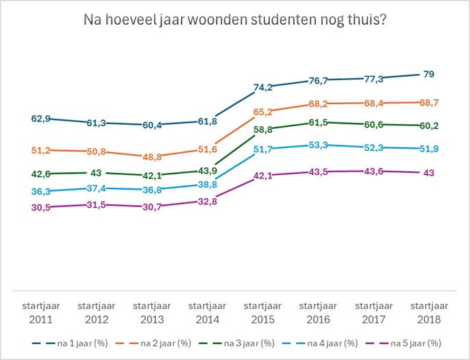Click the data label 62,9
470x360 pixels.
(41, 119)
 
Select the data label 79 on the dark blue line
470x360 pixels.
(430, 74)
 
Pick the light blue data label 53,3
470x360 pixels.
(320, 145)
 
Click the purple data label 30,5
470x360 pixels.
(41, 207)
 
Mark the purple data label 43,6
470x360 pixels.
(375, 171)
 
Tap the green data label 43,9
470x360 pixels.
(208, 171)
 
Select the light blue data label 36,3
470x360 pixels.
(41, 191)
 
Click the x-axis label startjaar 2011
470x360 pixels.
(41, 313)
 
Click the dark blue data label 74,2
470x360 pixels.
(264, 88)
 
